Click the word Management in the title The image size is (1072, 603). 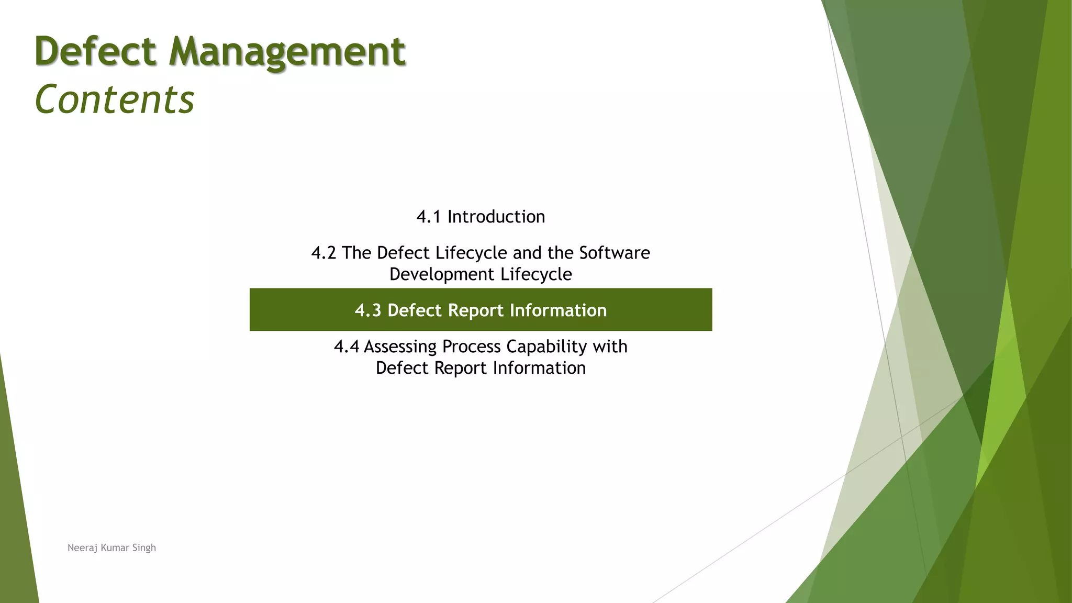pyautogui.click(x=287, y=52)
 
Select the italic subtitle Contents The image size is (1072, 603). pyautogui.click(x=114, y=99)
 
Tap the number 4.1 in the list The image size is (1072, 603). pyautogui.click(x=428, y=217)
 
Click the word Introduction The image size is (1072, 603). pyautogui.click(x=496, y=217)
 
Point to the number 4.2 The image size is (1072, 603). pyautogui.click(x=323, y=253)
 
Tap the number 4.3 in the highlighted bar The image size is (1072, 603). pyautogui.click(x=368, y=310)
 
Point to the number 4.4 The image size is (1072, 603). pyautogui.click(x=346, y=347)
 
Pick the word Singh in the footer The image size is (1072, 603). pyautogui.click(x=144, y=548)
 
